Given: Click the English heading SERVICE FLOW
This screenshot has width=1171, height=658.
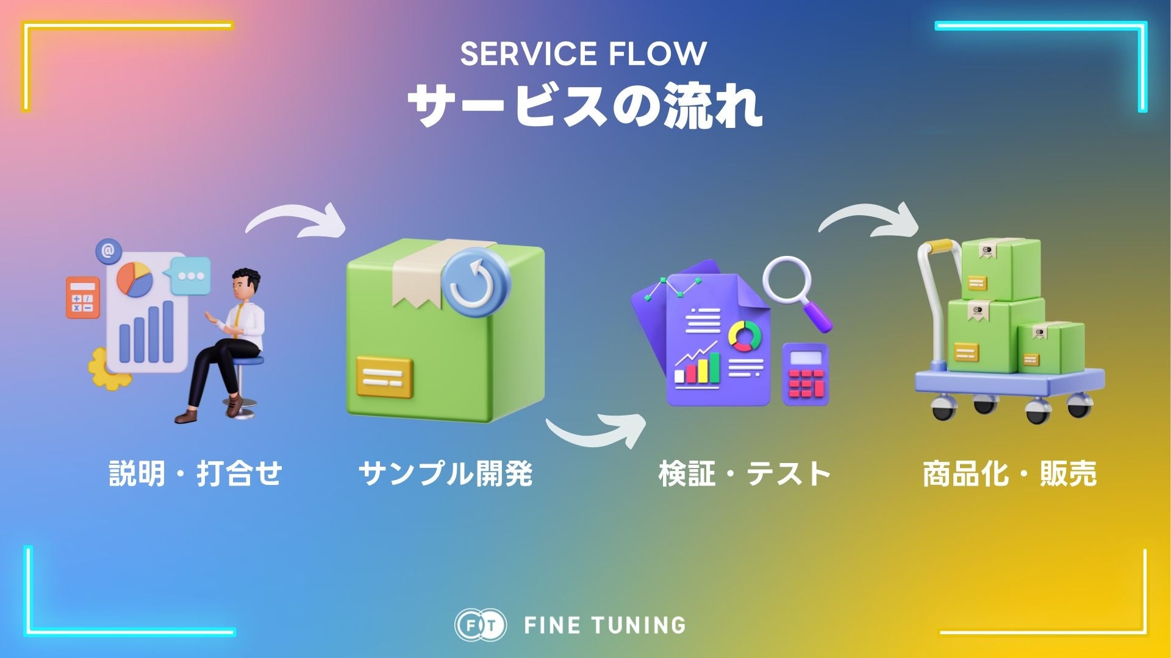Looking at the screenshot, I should (x=583, y=54).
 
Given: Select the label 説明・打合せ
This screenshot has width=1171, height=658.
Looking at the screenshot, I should (x=195, y=473).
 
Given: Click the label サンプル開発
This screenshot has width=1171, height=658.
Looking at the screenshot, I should (x=445, y=473).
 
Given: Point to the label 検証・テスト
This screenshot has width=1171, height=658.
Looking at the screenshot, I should (x=745, y=473).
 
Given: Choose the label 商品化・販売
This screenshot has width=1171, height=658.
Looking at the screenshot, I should (x=1009, y=473).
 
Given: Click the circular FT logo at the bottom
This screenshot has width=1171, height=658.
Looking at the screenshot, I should (x=480, y=625).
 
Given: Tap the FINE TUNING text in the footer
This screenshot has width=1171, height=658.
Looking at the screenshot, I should (x=604, y=625).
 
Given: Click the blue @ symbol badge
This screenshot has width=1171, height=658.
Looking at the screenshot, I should (x=109, y=250).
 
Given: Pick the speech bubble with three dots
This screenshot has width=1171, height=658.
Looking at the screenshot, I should (x=191, y=275).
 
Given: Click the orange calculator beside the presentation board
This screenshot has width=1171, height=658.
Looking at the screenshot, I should (x=82, y=297).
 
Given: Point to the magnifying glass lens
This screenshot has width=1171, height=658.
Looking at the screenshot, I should (x=787, y=278).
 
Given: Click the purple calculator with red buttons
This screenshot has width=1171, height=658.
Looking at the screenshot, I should (x=806, y=374).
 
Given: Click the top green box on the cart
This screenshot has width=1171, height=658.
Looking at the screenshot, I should (x=1000, y=269).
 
